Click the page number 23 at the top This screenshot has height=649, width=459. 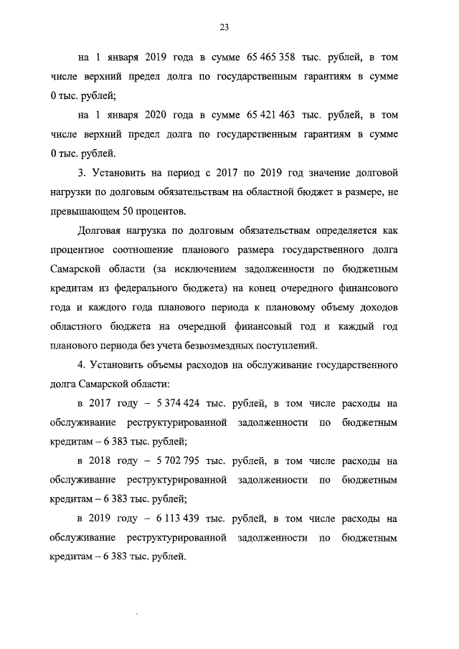pos(224,27)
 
